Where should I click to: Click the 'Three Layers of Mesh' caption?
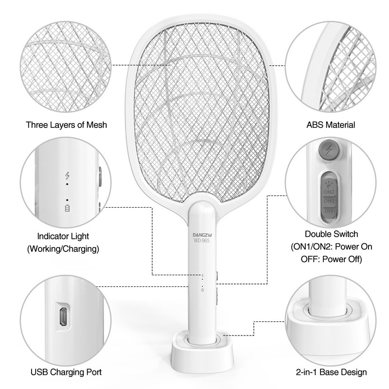(66, 125)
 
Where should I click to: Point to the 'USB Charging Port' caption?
(66, 372)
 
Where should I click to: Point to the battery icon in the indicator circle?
(67, 209)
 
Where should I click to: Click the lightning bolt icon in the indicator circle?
(67, 176)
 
